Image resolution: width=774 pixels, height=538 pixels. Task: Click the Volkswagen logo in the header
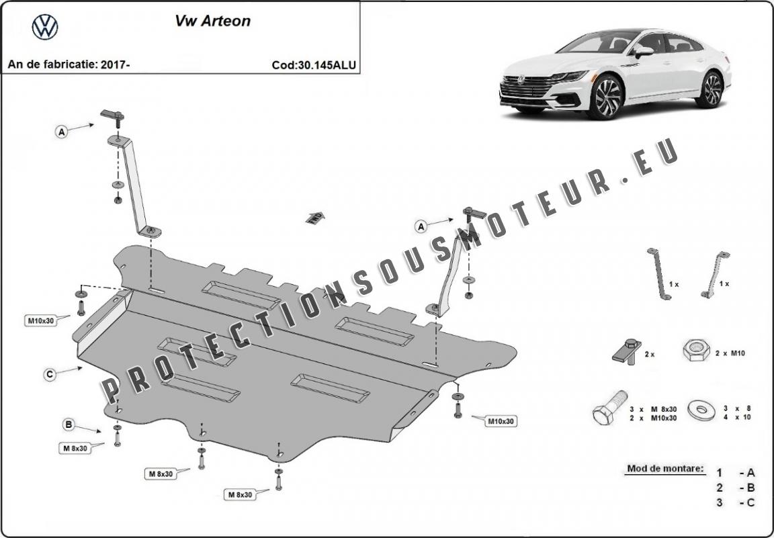(45, 27)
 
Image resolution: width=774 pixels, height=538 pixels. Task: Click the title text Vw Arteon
(213, 21)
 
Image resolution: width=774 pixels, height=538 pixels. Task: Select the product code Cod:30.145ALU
(314, 65)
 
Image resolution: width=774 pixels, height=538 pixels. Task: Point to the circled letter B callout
(69, 424)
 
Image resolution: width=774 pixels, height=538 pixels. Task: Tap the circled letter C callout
(49, 375)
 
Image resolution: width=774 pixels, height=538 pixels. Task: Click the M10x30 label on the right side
(501, 422)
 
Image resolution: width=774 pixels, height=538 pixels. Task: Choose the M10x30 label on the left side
(41, 321)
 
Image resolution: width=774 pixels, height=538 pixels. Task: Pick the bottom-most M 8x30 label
(240, 494)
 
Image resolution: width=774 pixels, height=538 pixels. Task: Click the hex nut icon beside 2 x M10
(696, 350)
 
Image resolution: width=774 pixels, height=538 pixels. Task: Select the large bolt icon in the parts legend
(610, 407)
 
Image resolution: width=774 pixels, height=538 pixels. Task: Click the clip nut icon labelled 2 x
(628, 351)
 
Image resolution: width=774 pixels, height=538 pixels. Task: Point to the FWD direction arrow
(315, 218)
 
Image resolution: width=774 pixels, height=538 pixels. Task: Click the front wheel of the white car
(605, 97)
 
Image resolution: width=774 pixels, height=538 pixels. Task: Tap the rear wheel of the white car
(711, 89)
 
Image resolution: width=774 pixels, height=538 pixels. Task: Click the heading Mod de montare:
(666, 468)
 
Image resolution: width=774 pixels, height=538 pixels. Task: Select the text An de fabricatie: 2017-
(69, 64)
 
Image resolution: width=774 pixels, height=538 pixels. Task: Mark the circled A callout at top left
(61, 132)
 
